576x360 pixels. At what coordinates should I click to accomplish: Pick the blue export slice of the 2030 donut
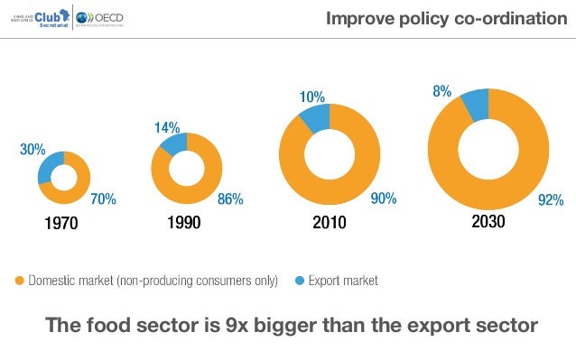pos(475,104)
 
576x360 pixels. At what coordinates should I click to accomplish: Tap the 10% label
pos(312,97)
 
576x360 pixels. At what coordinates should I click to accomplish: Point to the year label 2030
pos(488,221)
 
